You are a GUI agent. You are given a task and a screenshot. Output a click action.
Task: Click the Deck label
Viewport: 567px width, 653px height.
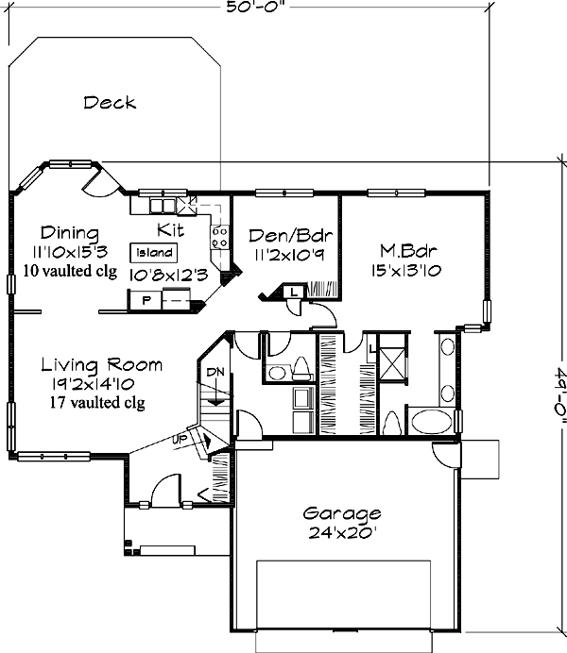point(110,102)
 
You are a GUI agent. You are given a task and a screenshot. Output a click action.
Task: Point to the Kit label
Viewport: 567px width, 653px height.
point(170,229)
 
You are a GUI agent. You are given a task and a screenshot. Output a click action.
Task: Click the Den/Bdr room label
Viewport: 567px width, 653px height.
point(281,235)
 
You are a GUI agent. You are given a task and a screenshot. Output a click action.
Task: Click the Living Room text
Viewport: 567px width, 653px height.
point(102,364)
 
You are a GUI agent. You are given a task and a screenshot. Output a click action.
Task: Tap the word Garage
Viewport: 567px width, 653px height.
point(342,514)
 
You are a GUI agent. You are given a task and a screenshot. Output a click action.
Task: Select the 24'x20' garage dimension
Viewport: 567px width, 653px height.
point(342,532)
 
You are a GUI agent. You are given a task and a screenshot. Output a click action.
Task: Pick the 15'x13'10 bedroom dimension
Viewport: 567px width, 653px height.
point(407,270)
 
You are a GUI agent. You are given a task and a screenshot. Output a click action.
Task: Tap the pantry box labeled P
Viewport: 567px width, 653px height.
point(146,301)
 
